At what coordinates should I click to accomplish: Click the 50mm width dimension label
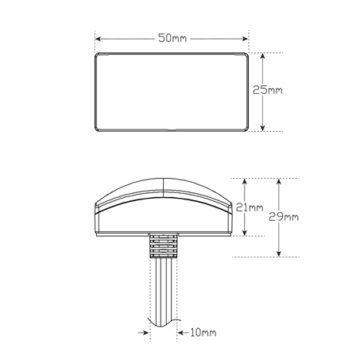point(172,38)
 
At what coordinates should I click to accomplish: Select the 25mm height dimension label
point(267,90)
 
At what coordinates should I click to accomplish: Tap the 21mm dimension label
point(250,207)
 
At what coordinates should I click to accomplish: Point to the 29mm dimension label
point(284,217)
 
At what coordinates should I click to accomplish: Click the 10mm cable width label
point(203,332)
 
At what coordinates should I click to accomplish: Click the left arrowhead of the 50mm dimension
point(99,39)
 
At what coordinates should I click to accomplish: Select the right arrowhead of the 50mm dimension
point(245,39)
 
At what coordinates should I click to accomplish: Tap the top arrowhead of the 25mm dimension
point(262,56)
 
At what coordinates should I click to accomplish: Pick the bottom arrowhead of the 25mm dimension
point(262,128)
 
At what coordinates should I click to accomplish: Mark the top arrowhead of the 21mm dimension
point(245,182)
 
